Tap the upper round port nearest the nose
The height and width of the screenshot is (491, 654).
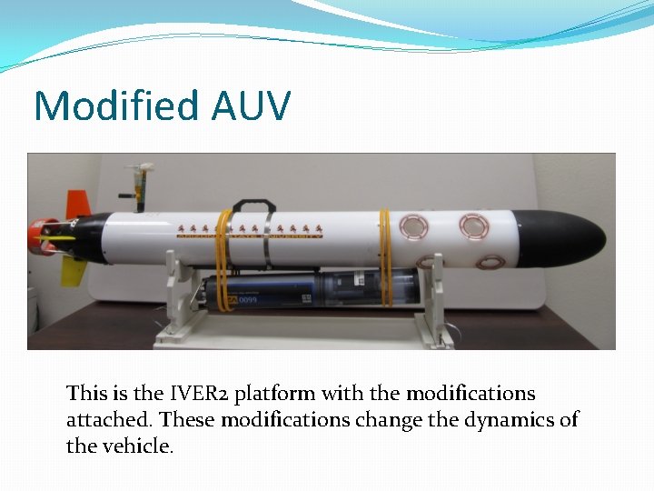[x=473, y=225]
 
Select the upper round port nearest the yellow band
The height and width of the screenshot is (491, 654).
[x=414, y=225]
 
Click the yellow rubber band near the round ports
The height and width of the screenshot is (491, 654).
[x=386, y=255]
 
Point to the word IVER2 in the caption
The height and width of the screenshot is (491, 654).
[x=199, y=394]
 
